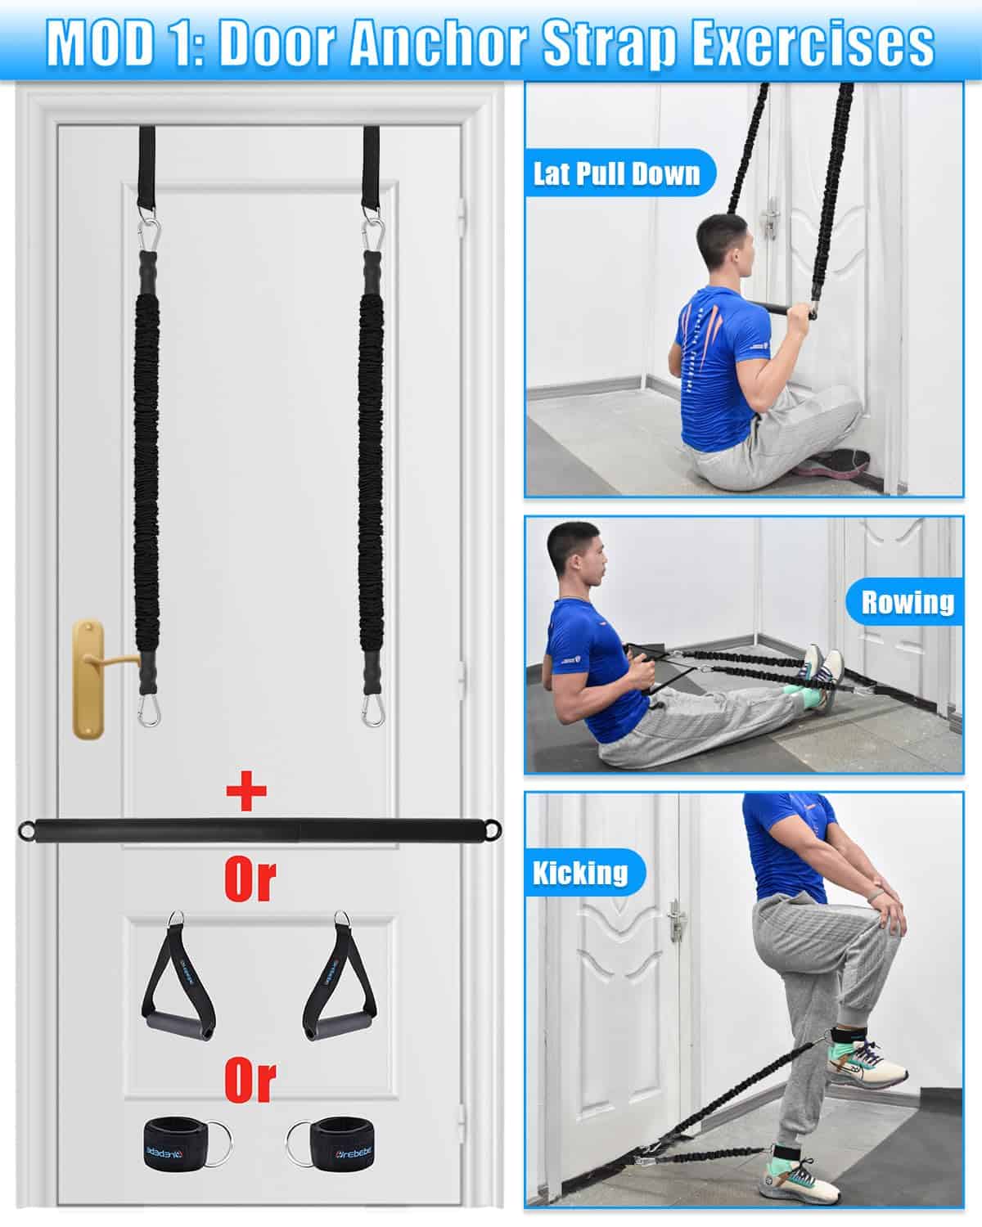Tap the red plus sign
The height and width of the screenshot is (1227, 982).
click(x=246, y=791)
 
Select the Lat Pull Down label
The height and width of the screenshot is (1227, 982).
click(x=616, y=173)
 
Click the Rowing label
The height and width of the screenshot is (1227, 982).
click(x=908, y=602)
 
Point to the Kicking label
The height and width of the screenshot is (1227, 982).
click(x=580, y=872)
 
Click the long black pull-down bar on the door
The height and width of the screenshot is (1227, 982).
click(x=260, y=830)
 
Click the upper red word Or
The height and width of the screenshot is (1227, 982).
click(x=250, y=881)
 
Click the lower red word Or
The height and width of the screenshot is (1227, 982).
click(x=250, y=1081)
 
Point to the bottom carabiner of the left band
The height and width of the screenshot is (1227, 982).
click(x=149, y=710)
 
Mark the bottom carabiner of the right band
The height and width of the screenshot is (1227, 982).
click(x=373, y=710)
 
